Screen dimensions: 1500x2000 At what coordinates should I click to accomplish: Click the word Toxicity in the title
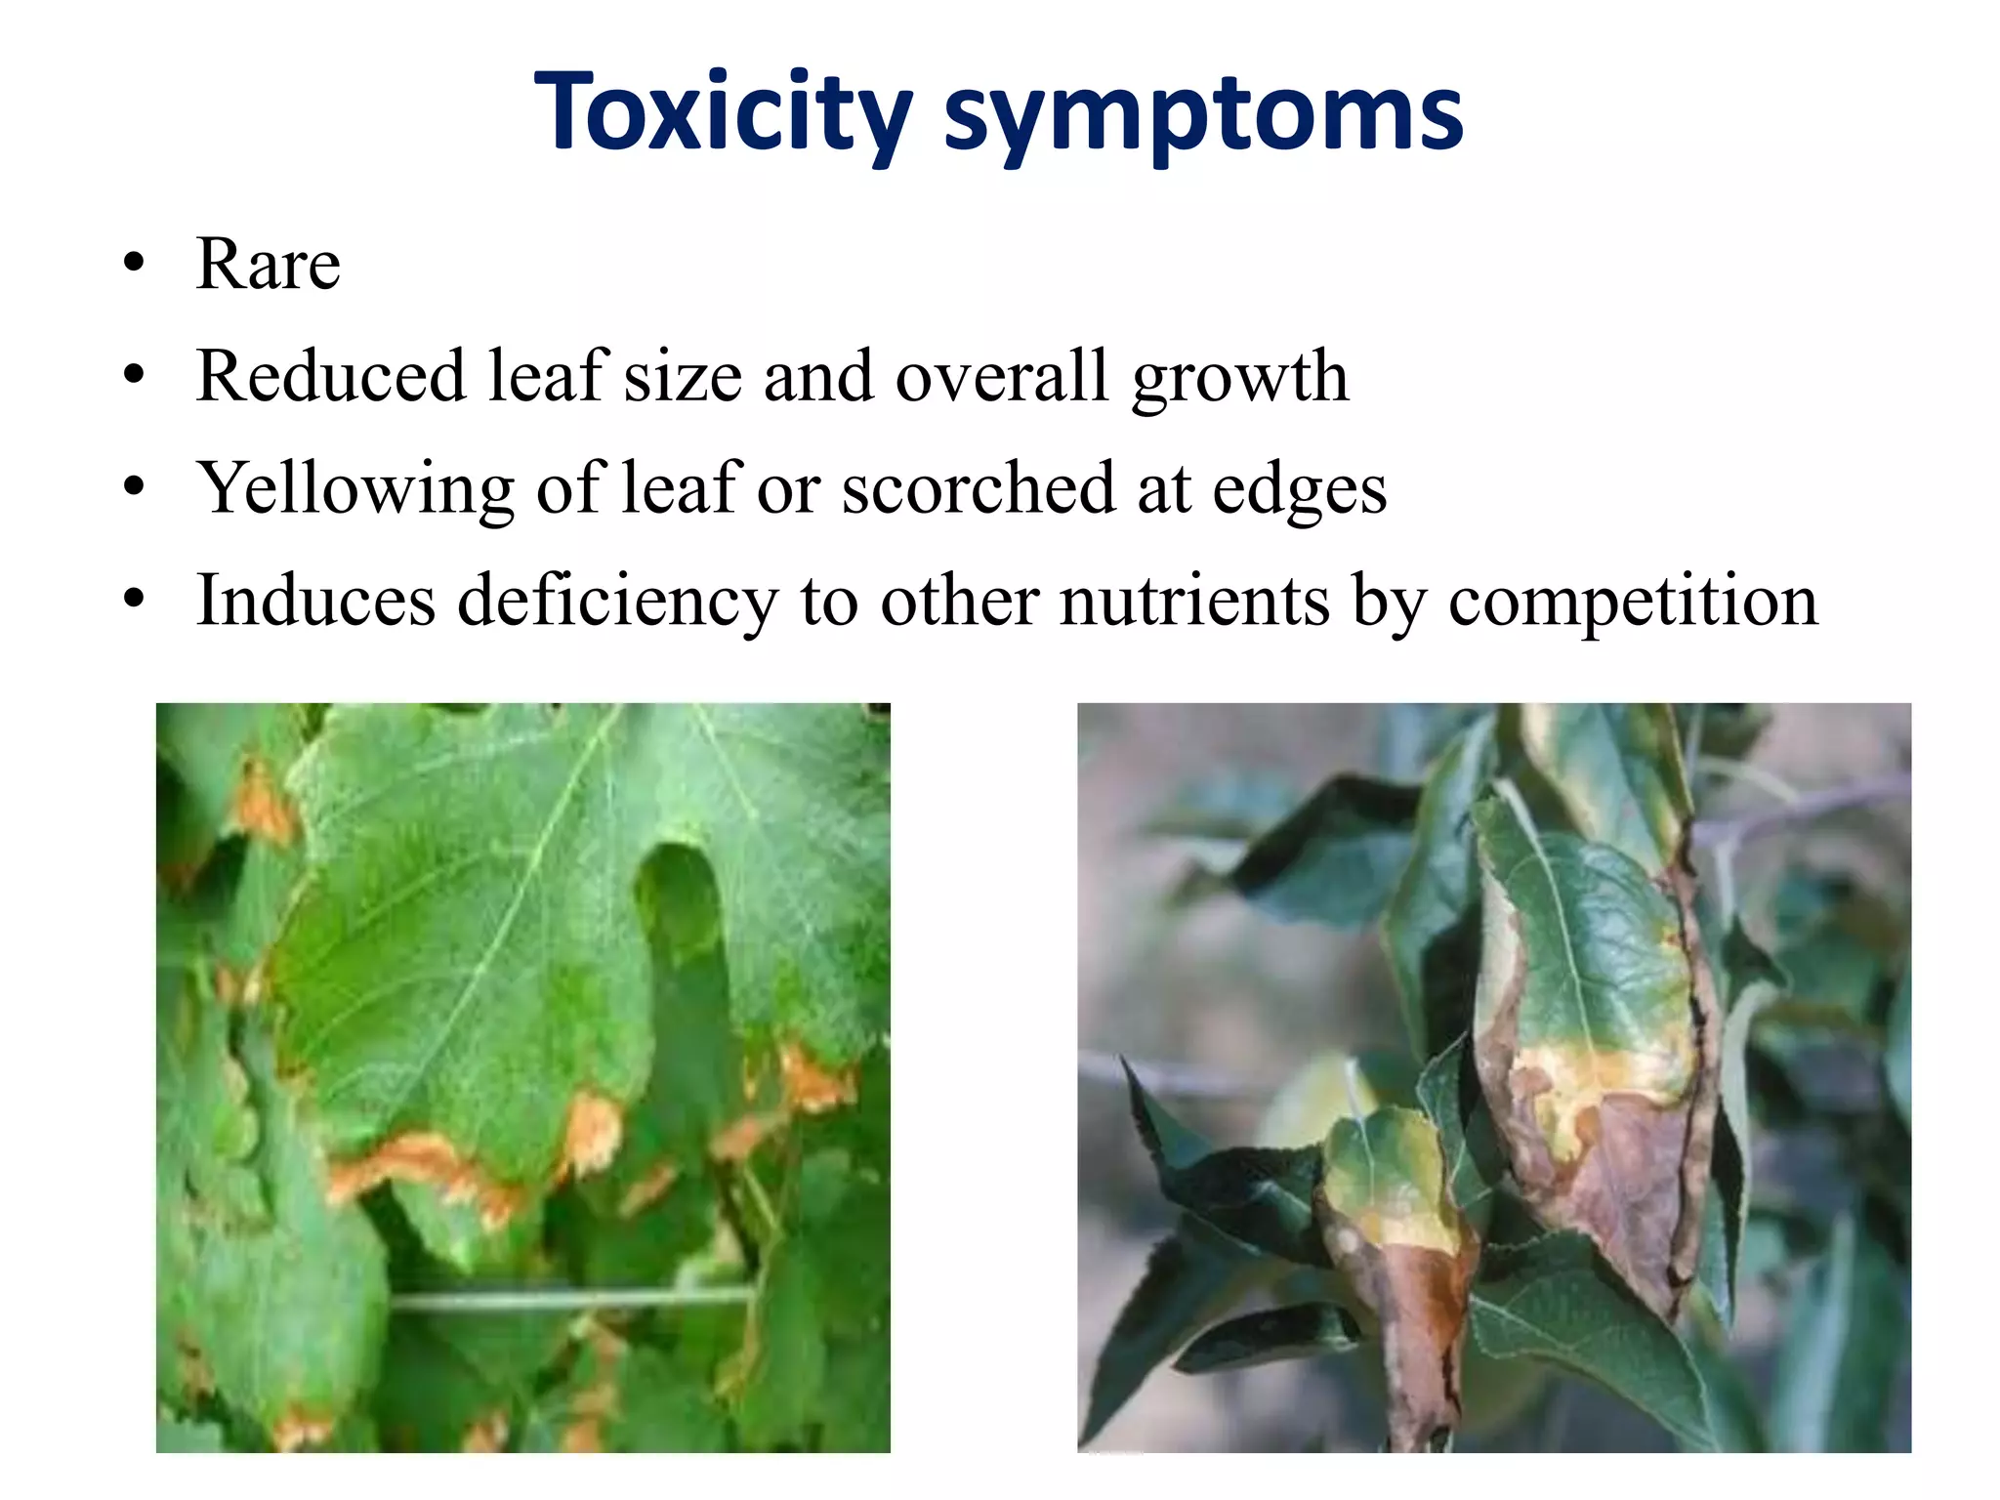click(723, 112)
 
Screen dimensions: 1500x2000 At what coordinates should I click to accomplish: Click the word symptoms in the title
click(1203, 115)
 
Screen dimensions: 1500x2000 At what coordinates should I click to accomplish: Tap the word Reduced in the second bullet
click(330, 376)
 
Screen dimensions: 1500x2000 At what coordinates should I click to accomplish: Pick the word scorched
click(978, 487)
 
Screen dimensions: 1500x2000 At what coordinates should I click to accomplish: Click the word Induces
click(315, 600)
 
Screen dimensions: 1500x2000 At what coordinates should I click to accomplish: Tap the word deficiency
click(617, 602)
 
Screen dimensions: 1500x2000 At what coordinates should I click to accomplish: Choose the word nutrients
click(1194, 600)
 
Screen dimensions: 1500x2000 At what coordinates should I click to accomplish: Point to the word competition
click(1633, 602)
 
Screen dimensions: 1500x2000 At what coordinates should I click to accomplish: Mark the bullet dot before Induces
click(134, 599)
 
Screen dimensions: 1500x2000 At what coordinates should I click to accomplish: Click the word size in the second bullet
click(683, 376)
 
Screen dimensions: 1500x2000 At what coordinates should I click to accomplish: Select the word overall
click(1002, 376)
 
